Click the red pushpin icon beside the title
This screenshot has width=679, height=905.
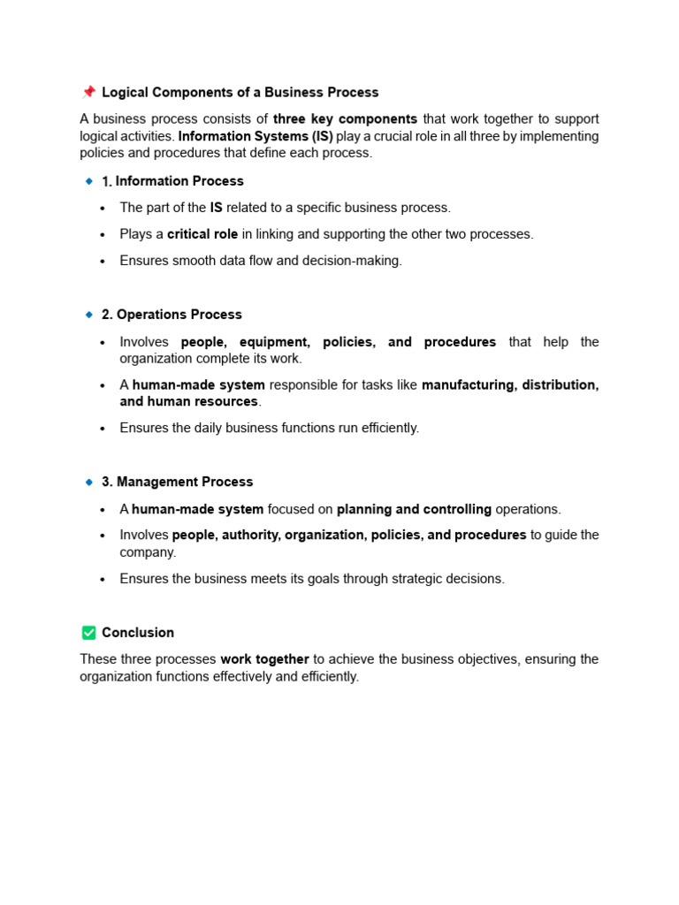click(x=88, y=92)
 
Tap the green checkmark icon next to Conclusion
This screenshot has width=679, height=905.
click(x=88, y=633)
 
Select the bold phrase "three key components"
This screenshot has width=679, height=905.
click(x=345, y=119)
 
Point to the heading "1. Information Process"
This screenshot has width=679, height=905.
click(x=172, y=181)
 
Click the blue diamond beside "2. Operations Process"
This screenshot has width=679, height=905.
click(x=88, y=315)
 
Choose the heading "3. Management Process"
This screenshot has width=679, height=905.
click(x=177, y=483)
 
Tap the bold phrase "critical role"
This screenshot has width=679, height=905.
click(x=202, y=234)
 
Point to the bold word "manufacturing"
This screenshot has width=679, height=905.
click(x=468, y=385)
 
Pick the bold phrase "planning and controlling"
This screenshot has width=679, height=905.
click(x=414, y=510)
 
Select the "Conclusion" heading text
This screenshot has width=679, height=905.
click(x=138, y=633)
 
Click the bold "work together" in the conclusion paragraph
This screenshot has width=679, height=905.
click(x=264, y=659)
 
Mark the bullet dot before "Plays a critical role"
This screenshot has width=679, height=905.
click(x=103, y=235)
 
